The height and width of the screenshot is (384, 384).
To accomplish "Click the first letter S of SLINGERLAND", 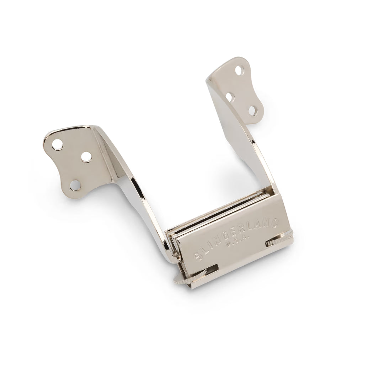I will [x=196, y=257].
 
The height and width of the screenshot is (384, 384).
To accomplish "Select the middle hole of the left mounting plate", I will [x=85, y=156].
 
